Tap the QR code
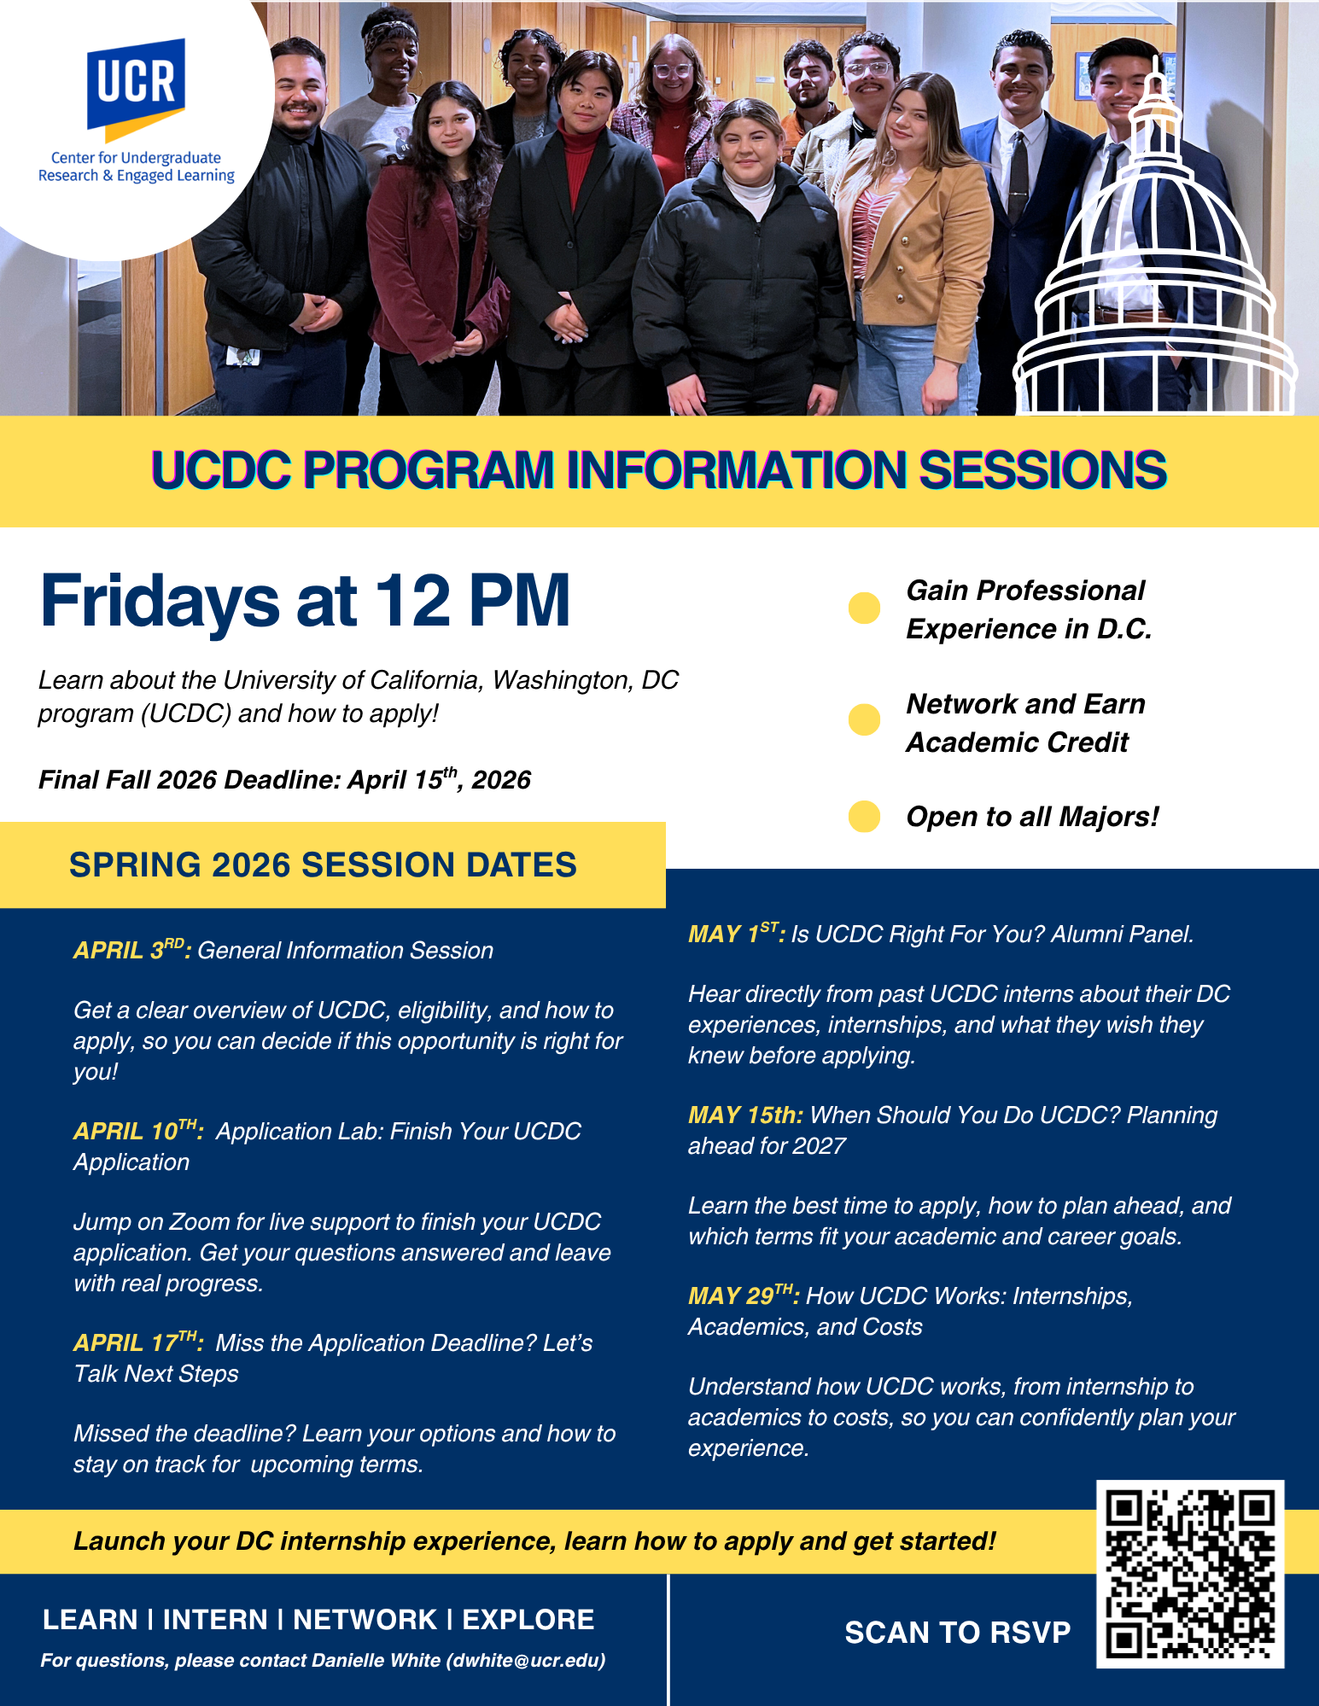pos(1190,1574)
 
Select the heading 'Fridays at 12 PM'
pos(305,601)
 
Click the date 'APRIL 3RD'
pos(132,949)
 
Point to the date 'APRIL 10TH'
pos(138,1130)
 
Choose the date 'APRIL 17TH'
pos(138,1342)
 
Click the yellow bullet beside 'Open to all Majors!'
pos(864,817)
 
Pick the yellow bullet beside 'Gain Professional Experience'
pos(864,608)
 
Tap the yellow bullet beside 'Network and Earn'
pos(864,719)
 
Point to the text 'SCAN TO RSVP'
pos(958,1633)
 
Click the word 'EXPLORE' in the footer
pos(528,1619)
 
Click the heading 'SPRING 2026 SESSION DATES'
pos(323,865)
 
